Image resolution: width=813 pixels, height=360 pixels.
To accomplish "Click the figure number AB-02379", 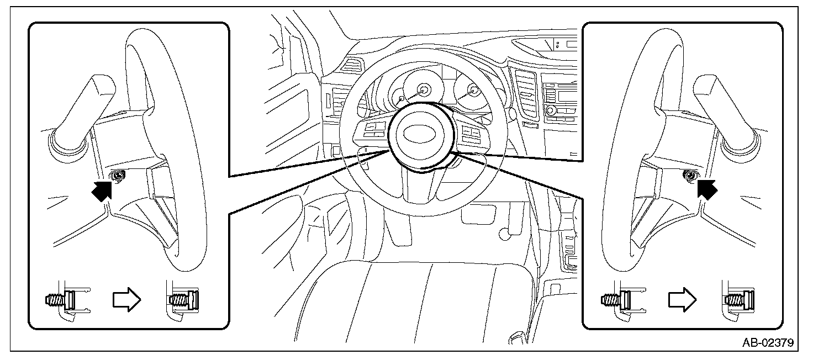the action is (x=768, y=342).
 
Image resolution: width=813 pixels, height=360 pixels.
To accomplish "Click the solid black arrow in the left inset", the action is (x=102, y=190).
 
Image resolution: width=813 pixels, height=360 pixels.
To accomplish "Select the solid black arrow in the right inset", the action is (x=707, y=189).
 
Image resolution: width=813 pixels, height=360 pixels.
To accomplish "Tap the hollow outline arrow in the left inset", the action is (x=126, y=300).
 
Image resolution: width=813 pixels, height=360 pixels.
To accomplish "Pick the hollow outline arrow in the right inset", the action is (x=682, y=300).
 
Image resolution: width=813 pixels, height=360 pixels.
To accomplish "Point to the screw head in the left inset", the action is (x=118, y=176).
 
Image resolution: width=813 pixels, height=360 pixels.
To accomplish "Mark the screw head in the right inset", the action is (x=690, y=176).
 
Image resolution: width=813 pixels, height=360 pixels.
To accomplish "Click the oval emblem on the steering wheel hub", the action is (x=420, y=134).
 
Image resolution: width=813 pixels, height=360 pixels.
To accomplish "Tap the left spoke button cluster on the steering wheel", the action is (x=373, y=131).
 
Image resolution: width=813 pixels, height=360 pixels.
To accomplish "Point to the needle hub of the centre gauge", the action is (x=423, y=89).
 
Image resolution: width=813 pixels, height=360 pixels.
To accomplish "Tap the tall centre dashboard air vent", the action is (x=526, y=94).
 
